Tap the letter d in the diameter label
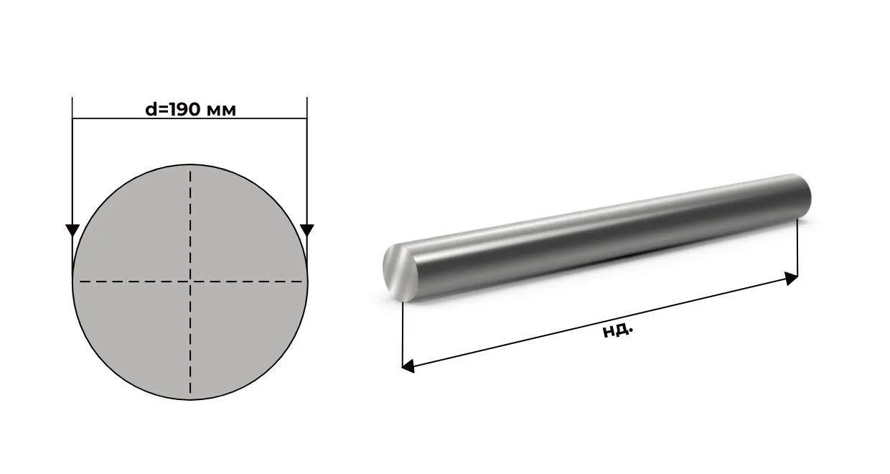[151, 109]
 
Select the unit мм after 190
[221, 110]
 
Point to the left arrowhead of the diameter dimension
[72, 230]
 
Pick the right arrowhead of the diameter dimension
[307, 230]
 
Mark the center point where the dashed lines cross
[190, 282]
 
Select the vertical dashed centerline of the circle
[190, 215]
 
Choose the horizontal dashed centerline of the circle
[129, 282]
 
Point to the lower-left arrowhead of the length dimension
[408, 366]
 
